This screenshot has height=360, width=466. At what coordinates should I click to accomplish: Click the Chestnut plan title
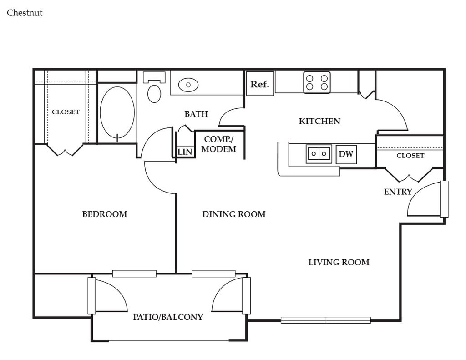tap(25, 13)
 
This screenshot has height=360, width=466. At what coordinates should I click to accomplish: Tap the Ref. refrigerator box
tap(260, 84)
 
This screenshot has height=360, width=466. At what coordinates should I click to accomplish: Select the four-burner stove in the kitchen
tap(317, 82)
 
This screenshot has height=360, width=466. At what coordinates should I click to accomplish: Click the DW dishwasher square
tap(346, 154)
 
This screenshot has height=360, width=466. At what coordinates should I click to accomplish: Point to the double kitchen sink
tap(319, 154)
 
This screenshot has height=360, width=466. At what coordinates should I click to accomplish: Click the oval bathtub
tap(117, 112)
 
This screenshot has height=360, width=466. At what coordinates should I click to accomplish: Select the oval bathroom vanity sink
tap(188, 85)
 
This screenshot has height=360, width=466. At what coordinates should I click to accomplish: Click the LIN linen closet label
tap(185, 152)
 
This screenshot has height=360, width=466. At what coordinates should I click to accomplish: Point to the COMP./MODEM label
tap(219, 144)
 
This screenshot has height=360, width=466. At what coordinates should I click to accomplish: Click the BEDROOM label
tap(105, 214)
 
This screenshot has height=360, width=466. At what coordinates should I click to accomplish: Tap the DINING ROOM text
tap(234, 214)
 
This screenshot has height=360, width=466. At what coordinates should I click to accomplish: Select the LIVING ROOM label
tap(339, 263)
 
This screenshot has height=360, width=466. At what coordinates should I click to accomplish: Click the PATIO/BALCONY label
tap(168, 317)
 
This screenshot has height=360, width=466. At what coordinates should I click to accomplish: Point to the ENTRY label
tap(398, 192)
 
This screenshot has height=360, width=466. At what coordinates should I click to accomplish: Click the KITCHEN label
tap(319, 121)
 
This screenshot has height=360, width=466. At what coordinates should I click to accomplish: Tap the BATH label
tap(196, 114)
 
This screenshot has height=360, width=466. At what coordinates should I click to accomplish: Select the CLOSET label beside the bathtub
tap(66, 112)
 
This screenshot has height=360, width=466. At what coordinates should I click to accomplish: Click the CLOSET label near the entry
tap(410, 156)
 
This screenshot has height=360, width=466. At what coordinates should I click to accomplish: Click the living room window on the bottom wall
tap(326, 320)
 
